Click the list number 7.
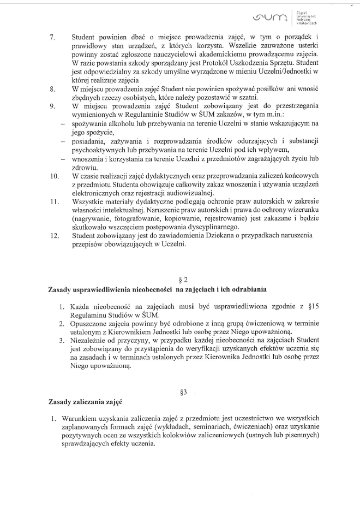click(x=52, y=37)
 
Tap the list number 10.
click(x=54, y=176)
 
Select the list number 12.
click(x=54, y=235)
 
